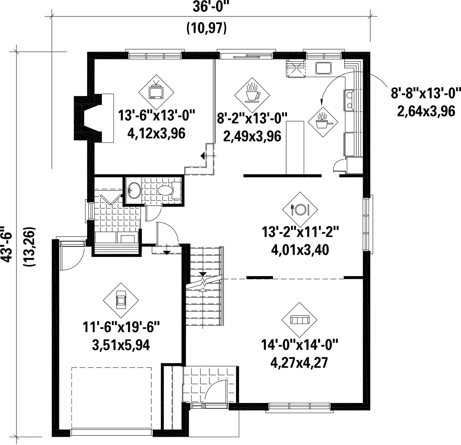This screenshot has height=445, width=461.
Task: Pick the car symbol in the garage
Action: (121, 300)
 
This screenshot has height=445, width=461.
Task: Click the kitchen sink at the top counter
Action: (323, 68)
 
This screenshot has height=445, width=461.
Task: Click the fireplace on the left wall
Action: (93, 118)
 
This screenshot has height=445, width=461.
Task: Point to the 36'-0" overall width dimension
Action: (211, 7)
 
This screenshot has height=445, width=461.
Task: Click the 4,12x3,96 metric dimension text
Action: (156, 134)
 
